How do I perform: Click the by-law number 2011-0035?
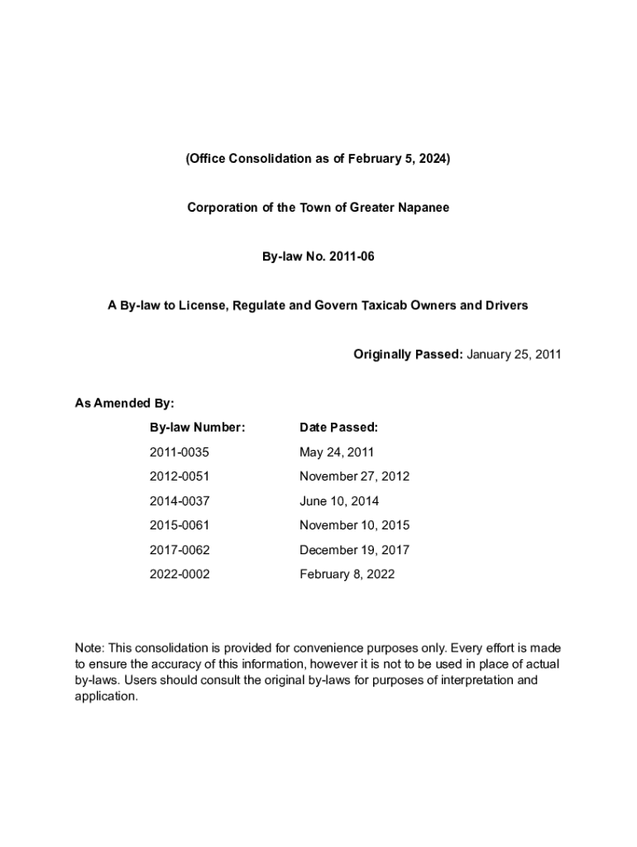[x=180, y=452]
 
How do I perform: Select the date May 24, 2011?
[x=337, y=452]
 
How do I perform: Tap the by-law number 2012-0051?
[x=180, y=476]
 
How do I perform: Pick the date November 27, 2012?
[x=354, y=476]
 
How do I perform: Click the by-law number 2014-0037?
[x=180, y=501]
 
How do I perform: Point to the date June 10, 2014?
[x=339, y=501]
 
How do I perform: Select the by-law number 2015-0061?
[x=180, y=525]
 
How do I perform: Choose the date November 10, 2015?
[x=354, y=525]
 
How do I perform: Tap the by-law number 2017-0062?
[x=180, y=550]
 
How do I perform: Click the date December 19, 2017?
[x=354, y=550]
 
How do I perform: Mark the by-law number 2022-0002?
[x=180, y=574]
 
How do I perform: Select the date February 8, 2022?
[x=347, y=574]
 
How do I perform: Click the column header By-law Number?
[x=197, y=428]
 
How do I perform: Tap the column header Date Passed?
[x=338, y=428]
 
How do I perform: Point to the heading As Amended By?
[x=124, y=404]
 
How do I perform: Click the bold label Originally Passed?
[x=408, y=355]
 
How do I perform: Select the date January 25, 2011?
[x=514, y=355]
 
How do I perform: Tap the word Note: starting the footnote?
[x=90, y=649]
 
